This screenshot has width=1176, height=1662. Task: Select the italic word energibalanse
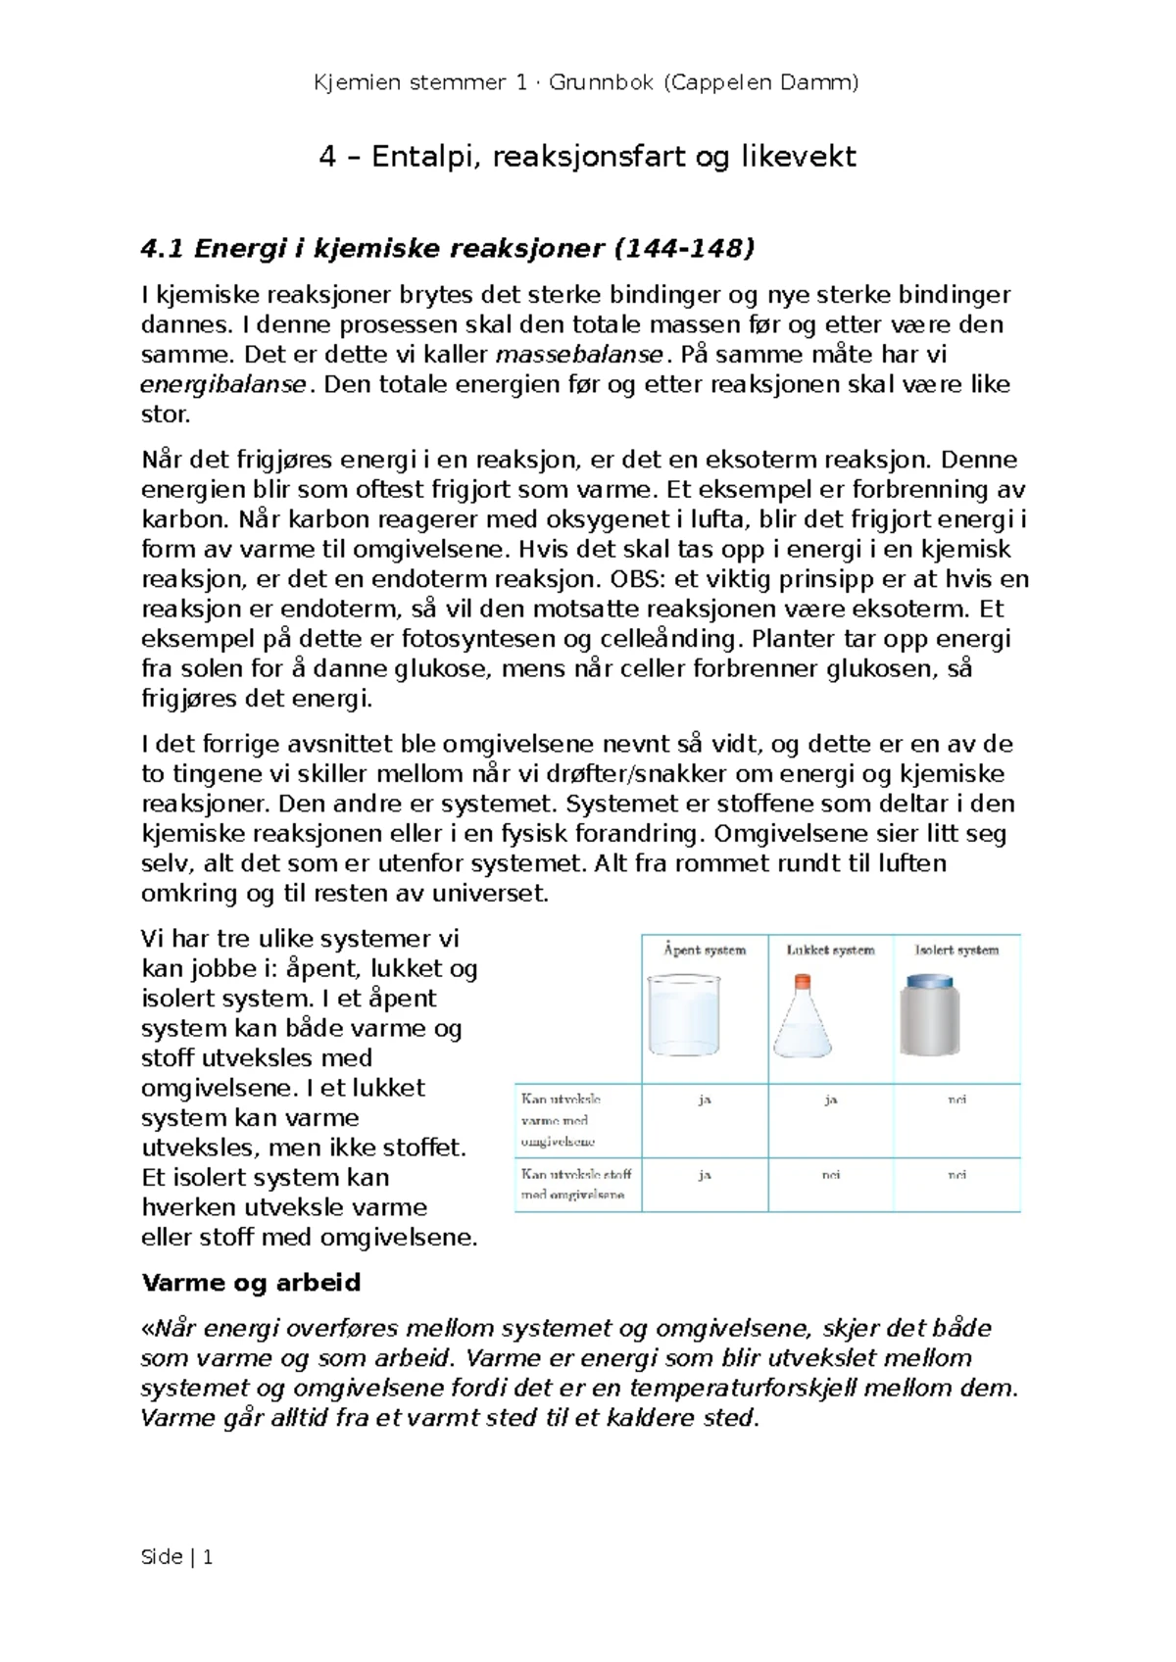pyautogui.click(x=224, y=384)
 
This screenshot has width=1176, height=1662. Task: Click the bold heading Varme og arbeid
pyautogui.click(x=251, y=1283)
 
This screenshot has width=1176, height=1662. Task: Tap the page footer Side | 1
pyautogui.click(x=177, y=1557)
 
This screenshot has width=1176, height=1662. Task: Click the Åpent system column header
pyautogui.click(x=705, y=950)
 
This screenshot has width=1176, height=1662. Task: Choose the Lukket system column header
pyautogui.click(x=830, y=950)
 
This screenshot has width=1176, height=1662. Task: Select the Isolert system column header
pyautogui.click(x=956, y=950)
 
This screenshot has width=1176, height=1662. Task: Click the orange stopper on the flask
pyautogui.click(x=803, y=979)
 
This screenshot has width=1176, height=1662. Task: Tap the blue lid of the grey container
pyautogui.click(x=929, y=981)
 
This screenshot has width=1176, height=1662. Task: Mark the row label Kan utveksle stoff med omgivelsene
pyautogui.click(x=576, y=1184)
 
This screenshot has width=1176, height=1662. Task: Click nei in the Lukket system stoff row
pyautogui.click(x=830, y=1174)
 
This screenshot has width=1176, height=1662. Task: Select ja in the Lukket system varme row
pyautogui.click(x=830, y=1100)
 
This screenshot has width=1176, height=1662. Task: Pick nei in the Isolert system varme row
pyautogui.click(x=956, y=1100)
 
